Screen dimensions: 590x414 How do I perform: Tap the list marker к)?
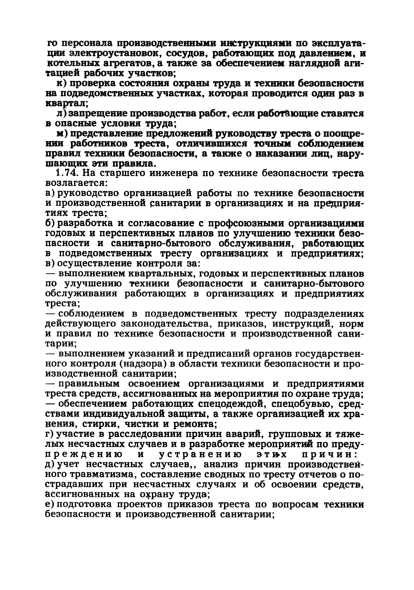(62, 84)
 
